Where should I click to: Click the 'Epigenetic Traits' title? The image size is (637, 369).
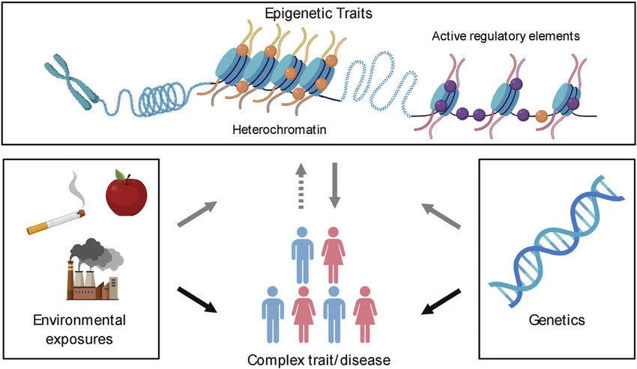(318, 14)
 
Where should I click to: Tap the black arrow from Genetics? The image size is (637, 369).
(441, 299)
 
